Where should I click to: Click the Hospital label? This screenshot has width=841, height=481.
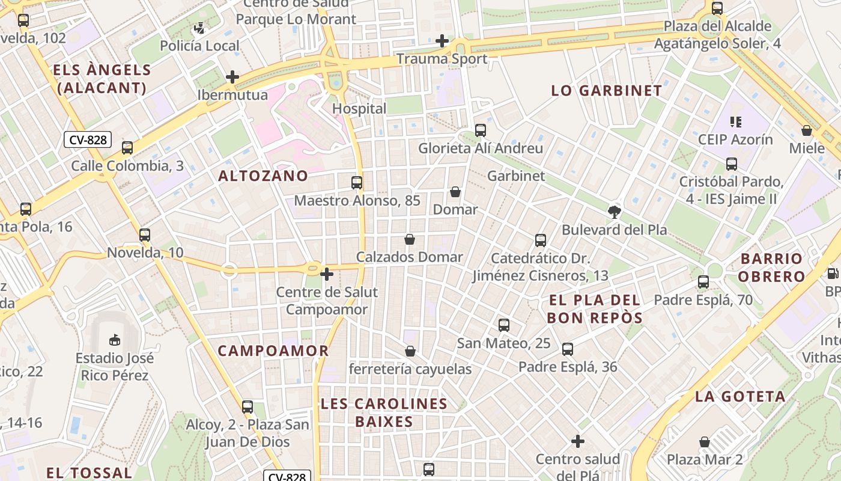point(359,109)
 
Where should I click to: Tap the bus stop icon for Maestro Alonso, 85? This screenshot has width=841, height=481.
point(357,182)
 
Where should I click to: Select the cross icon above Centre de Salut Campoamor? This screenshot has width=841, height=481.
point(327,274)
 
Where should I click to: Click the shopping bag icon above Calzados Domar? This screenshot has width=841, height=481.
point(410,239)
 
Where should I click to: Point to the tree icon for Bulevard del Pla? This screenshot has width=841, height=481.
point(614,212)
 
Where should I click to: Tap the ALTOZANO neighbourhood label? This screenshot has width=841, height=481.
point(263,176)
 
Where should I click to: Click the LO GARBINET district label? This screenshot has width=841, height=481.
point(607,91)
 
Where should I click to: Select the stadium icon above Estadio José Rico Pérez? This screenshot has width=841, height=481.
point(114,340)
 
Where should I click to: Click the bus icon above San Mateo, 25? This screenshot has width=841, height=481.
point(504,325)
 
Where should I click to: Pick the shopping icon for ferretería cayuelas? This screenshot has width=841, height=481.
point(410,351)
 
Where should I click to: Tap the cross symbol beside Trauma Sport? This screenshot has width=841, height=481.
point(442,41)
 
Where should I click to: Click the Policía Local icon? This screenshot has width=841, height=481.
point(199,28)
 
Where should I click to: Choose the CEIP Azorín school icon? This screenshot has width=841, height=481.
point(735,122)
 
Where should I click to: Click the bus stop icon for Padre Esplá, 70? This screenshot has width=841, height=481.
point(703,281)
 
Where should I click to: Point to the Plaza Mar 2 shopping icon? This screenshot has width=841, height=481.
point(705,443)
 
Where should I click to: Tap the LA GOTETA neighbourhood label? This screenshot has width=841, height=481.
point(740,397)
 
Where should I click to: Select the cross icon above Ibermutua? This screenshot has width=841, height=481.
point(232,77)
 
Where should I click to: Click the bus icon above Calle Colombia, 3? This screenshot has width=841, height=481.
point(127,148)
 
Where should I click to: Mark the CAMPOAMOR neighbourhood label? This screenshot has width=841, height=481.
point(273,351)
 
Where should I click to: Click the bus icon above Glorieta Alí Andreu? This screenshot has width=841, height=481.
point(481,130)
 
